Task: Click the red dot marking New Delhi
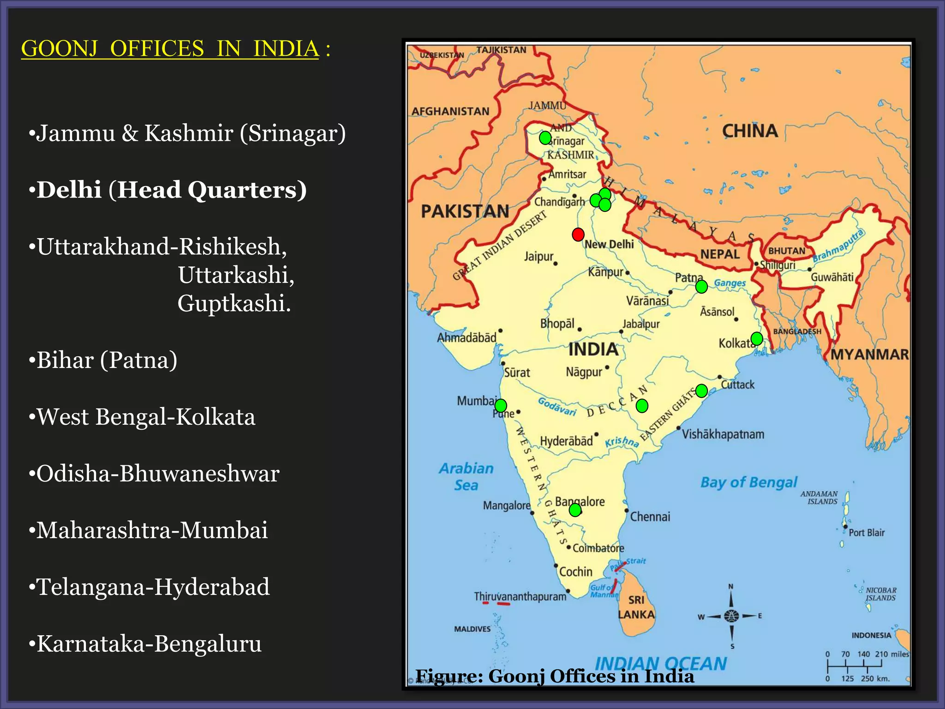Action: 578,234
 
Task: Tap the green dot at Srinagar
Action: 545,138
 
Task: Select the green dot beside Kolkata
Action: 757,339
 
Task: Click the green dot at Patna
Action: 701,287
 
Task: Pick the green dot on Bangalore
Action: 575,510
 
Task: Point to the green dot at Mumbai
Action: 501,406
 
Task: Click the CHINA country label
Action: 750,131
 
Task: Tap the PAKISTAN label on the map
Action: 465,211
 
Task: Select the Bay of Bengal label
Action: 748,482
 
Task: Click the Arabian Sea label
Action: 466,477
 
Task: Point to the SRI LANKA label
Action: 636,607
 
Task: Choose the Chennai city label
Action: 650,517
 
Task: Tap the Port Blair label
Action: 867,533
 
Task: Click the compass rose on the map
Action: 731,616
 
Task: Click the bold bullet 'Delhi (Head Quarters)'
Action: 171,190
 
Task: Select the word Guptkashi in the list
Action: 234,303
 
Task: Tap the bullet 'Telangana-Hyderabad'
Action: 153,587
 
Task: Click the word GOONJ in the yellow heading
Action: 60,49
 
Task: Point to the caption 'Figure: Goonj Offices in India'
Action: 555,676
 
